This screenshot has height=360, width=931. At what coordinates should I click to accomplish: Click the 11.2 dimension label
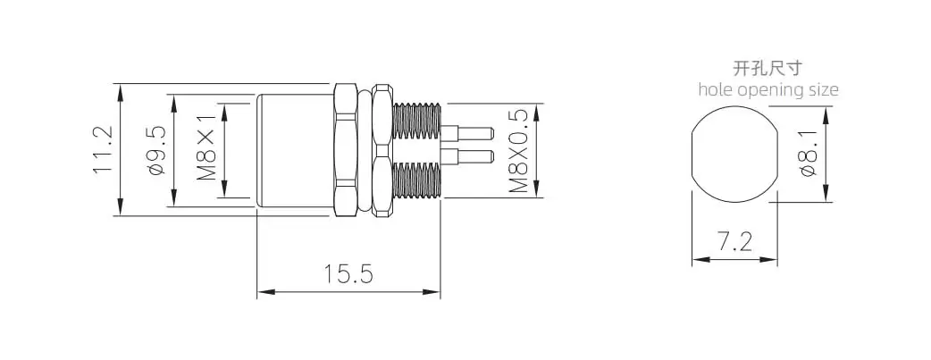click(102, 149)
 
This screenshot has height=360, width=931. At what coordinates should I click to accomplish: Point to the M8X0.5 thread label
click(518, 150)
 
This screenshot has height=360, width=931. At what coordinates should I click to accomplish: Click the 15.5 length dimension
click(348, 274)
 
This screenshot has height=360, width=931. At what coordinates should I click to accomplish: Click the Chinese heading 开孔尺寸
click(767, 68)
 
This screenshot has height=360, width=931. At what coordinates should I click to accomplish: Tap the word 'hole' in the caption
click(716, 89)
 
